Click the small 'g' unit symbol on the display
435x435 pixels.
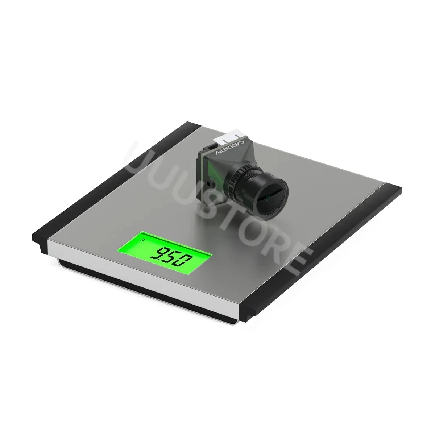[x=142, y=240]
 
